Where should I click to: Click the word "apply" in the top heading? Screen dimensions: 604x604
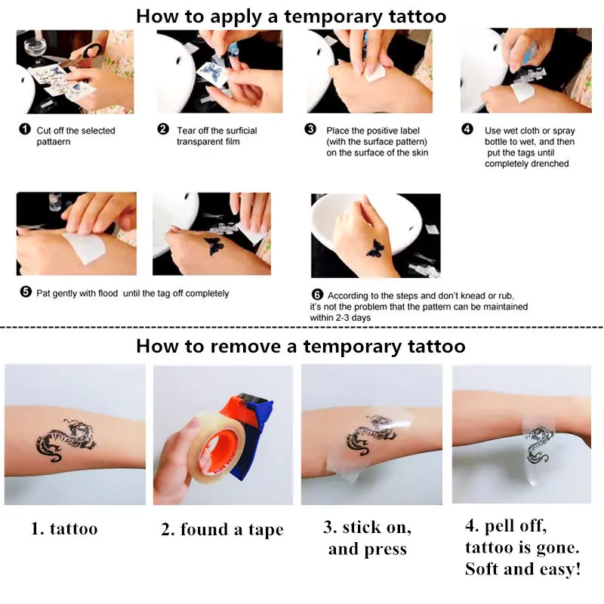[236, 17]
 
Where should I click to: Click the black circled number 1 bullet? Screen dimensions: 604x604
[25, 129]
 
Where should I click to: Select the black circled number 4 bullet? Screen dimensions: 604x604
[467, 129]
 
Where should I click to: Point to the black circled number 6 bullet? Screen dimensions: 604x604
[317, 294]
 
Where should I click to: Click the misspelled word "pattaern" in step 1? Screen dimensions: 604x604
[54, 142]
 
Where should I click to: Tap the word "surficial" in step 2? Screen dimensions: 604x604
[239, 131]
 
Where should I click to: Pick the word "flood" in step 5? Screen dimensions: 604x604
[107, 294]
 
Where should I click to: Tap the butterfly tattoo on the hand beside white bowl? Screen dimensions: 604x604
[374, 248]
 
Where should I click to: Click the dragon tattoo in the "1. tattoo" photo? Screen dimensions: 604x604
[66, 440]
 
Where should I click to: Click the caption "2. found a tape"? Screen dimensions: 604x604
[222, 530]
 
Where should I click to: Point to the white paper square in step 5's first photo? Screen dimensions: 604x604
[85, 247]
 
